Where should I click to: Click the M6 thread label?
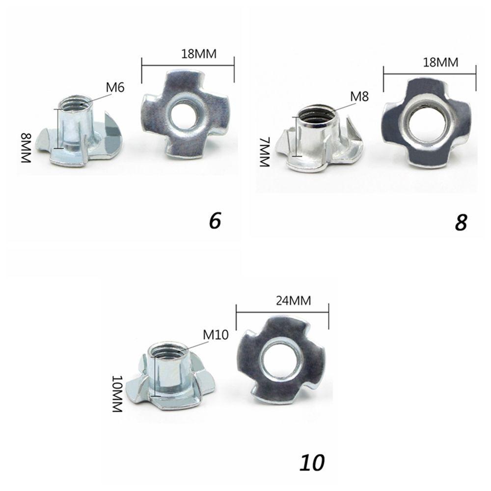click(115, 87)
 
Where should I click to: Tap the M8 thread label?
click(359, 96)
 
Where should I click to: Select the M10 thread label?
click(216, 335)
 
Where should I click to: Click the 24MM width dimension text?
click(294, 300)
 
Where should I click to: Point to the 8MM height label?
click(27, 148)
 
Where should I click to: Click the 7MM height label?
click(265, 152)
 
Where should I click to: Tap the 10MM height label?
click(117, 394)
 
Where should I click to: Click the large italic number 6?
click(215, 220)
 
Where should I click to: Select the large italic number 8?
click(461, 222)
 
